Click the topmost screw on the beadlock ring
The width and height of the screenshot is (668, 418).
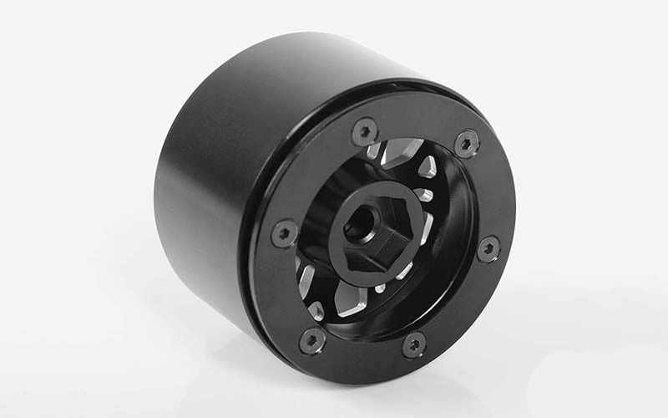pyautogui.click(x=365, y=130)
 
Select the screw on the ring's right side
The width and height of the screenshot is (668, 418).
pyautogui.click(x=488, y=248)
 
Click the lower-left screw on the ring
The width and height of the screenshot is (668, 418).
pyautogui.click(x=312, y=339)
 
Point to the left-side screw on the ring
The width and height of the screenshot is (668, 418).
pyautogui.click(x=285, y=232)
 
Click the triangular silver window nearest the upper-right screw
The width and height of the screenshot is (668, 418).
pyautogui.click(x=427, y=166)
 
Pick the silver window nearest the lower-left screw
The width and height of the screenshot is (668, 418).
pyautogui.click(x=316, y=310)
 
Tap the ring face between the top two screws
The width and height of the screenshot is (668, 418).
pyautogui.click(x=415, y=130)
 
